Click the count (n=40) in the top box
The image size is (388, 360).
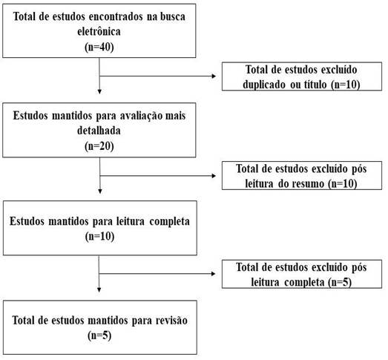(x=99, y=47)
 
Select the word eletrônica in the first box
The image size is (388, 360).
(x=99, y=31)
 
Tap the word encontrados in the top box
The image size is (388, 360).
(x=116, y=16)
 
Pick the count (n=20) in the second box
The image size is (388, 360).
(x=99, y=146)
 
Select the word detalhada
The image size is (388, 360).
(x=99, y=131)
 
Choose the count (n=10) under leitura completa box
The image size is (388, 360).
(x=99, y=236)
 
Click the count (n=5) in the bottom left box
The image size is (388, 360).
(x=99, y=336)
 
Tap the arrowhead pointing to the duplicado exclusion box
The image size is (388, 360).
(x=214, y=76)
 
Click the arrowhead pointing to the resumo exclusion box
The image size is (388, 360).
(x=214, y=176)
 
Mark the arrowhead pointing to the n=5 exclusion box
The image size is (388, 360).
(x=214, y=274)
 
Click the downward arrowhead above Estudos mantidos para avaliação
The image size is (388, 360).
(x=99, y=92)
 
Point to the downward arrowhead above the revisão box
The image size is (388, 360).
(x=99, y=290)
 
